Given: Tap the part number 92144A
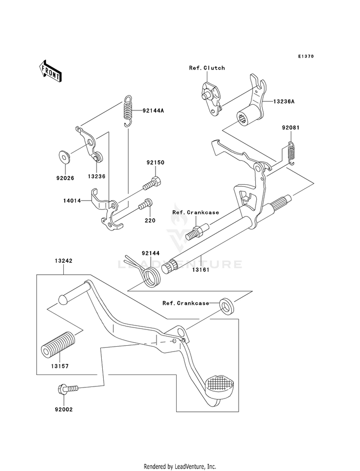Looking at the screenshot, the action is click(153, 110).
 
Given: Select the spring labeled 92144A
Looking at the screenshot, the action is click(128, 111).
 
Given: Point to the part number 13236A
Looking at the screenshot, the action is click(284, 101).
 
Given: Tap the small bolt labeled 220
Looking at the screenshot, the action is click(145, 204).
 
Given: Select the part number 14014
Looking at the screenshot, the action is click(72, 200).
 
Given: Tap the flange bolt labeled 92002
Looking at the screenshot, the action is click(68, 389).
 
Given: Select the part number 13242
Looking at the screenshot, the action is click(63, 261).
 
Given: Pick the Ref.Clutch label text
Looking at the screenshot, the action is click(207, 68).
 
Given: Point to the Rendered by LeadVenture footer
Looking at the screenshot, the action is click(180, 466).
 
